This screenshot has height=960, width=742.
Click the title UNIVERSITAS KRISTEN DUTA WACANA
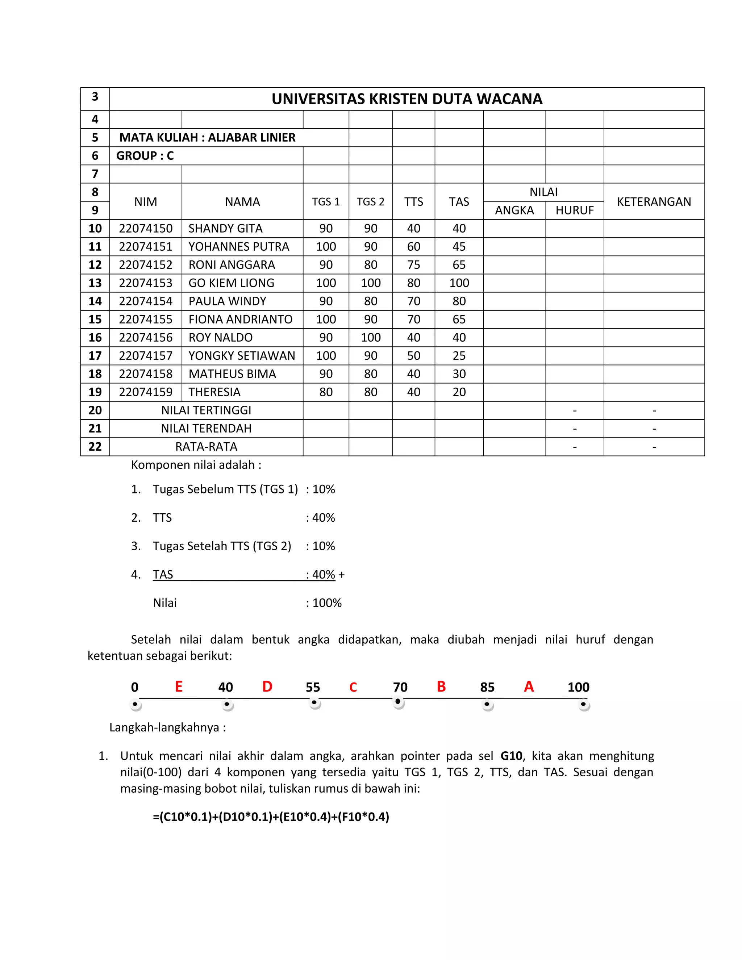(x=407, y=99)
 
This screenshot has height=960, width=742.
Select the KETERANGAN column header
(x=654, y=201)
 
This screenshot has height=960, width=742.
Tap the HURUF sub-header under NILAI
(x=574, y=210)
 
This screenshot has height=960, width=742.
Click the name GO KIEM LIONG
(x=231, y=283)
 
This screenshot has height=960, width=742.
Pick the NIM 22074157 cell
(x=146, y=356)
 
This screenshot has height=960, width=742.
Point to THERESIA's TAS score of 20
(x=459, y=392)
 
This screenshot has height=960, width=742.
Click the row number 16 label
(x=95, y=338)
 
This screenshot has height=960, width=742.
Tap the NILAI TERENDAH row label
(x=206, y=428)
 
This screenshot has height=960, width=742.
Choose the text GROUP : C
(x=145, y=156)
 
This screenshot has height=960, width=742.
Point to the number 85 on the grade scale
(x=487, y=687)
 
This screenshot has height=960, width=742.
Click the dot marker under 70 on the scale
(x=398, y=702)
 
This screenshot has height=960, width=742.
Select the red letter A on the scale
(x=529, y=686)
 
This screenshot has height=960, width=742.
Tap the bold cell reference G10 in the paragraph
(x=511, y=756)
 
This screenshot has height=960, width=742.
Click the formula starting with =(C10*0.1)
(x=271, y=817)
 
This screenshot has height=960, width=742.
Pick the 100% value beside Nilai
(x=326, y=603)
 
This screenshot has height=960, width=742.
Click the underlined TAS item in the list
(x=163, y=575)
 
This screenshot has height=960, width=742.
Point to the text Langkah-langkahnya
(x=167, y=727)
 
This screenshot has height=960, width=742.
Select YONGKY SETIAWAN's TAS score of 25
(x=459, y=356)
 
